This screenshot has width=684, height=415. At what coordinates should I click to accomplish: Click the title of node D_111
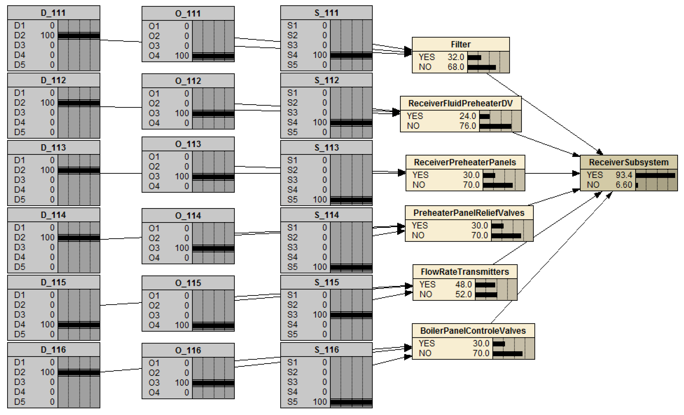[x=53, y=13]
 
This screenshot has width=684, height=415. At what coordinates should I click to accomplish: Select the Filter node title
[x=460, y=44]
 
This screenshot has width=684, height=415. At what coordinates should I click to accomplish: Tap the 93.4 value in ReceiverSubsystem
[x=624, y=175]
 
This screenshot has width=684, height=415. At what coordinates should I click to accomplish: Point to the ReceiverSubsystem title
[x=629, y=162]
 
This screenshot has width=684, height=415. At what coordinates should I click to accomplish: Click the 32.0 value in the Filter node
[x=455, y=57]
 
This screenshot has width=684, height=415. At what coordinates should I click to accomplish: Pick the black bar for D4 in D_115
[x=79, y=325]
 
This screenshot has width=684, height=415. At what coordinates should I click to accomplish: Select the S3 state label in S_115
[x=292, y=315]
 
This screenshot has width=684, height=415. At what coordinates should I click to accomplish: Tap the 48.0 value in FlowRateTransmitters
[x=463, y=284]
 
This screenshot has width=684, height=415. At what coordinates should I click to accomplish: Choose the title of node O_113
[x=188, y=144]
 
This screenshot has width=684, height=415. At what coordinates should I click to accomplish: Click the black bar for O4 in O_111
[x=213, y=56]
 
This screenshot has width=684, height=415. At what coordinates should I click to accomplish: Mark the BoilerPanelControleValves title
[x=473, y=331]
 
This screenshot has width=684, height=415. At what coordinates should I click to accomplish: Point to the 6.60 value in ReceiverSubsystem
[x=624, y=185]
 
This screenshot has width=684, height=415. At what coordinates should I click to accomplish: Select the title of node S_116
[x=326, y=350]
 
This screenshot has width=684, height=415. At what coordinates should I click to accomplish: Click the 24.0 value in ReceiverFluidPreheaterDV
[x=467, y=116]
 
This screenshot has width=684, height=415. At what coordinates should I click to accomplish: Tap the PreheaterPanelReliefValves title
[x=469, y=213]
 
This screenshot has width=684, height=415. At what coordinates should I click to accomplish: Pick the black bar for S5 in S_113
[x=351, y=200]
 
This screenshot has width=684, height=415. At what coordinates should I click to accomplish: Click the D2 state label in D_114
[x=20, y=237]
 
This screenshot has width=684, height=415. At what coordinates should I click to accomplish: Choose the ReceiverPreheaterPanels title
[x=465, y=162]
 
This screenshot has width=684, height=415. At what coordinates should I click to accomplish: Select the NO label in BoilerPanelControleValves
[x=425, y=353]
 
